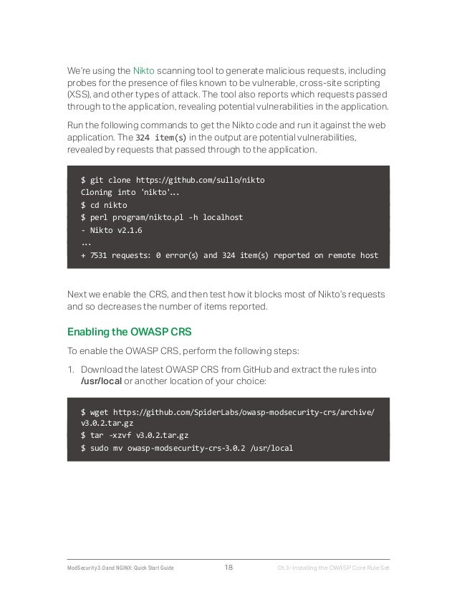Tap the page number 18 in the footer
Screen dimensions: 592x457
pyautogui.click(x=228, y=569)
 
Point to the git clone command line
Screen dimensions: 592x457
pyautogui.click(x=177, y=178)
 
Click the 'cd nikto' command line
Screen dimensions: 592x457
pyautogui.click(x=104, y=204)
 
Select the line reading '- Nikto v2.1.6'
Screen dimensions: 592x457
pyautogui.click(x=112, y=230)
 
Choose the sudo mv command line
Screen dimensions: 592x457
pyautogui.click(x=187, y=449)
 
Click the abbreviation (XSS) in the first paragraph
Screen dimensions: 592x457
pyautogui.click(x=80, y=95)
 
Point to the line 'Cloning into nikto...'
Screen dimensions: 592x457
pyautogui.click(x=121, y=191)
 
